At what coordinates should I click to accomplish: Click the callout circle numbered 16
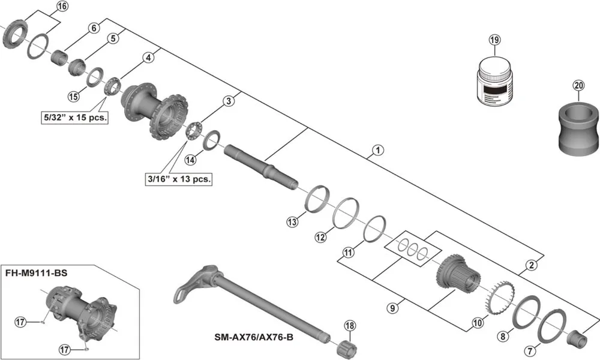click(x=62, y=7)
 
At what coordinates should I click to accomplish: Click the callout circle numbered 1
click(x=377, y=150)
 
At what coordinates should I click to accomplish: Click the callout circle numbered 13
click(x=292, y=223)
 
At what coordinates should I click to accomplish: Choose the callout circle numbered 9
click(x=392, y=308)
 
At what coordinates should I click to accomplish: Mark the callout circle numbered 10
click(x=478, y=323)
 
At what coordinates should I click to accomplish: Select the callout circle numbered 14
click(x=190, y=160)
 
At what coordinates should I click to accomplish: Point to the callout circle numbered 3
click(x=228, y=101)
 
